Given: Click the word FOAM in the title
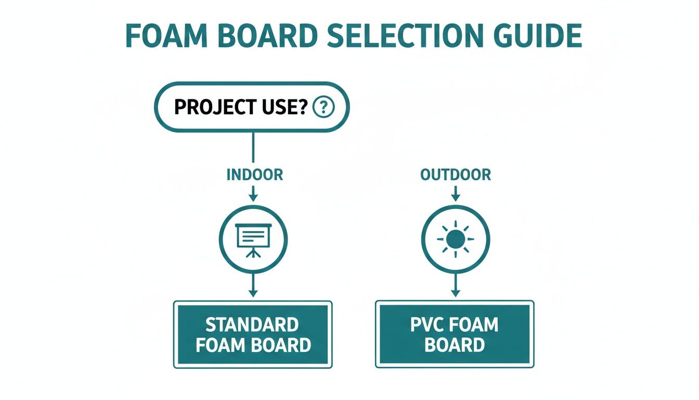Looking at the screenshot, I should pos(166,35).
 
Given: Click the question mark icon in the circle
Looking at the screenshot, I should pos(323,107).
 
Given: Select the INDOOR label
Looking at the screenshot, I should pos(255,174).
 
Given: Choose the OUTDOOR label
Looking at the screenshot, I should pos(455,174).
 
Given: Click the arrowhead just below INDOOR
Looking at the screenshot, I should pos(253,196).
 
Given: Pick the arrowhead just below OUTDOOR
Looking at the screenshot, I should pos(456,196).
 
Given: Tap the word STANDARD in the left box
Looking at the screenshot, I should pos(252,325).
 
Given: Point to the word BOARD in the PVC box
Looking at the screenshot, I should pos(455,345).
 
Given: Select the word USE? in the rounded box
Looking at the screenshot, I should pos(281,107).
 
